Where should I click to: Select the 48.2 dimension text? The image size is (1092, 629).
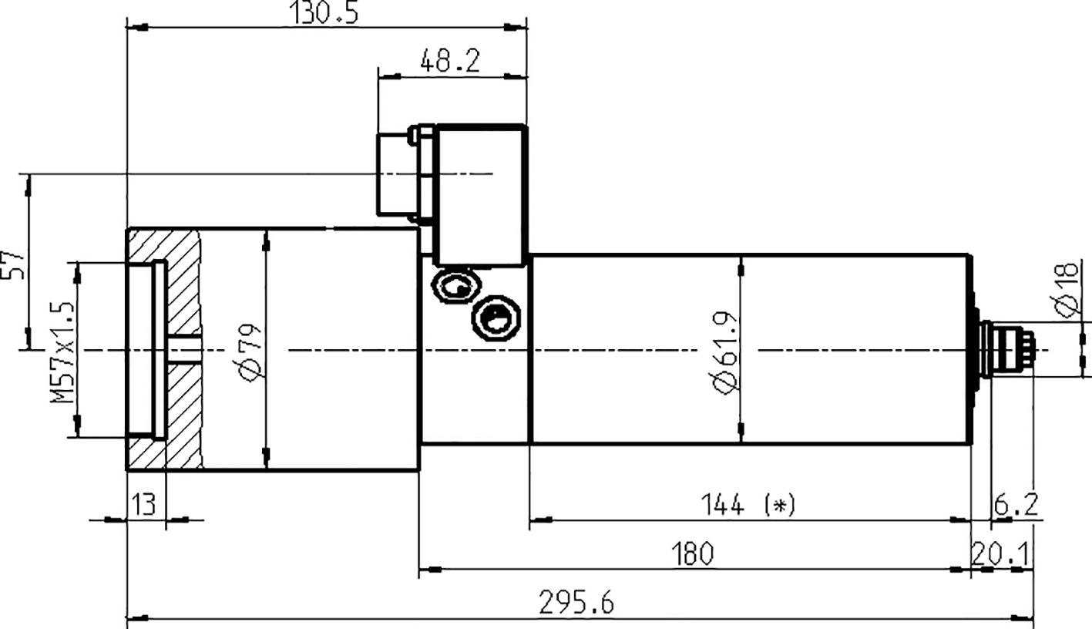tap(450, 61)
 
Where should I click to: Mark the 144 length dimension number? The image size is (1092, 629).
tap(722, 506)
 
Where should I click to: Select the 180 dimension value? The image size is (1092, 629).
tap(693, 553)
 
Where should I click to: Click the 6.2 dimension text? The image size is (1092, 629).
tap(1016, 506)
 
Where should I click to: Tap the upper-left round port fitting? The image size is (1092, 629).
tap(455, 287)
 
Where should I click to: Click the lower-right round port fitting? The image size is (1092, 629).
tap(496, 318)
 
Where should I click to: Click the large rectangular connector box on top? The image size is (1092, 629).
tap(482, 195)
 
